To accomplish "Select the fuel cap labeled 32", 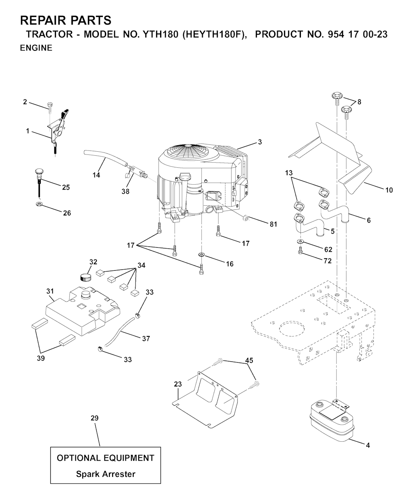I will point(85,277).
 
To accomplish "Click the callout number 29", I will point(94,418).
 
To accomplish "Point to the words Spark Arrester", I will point(106,474).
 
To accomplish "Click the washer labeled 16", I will point(201,255).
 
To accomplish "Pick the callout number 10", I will point(389,190).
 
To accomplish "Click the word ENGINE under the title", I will point(36,48).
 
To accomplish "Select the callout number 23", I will point(178,384).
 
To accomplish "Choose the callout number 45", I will point(249,360).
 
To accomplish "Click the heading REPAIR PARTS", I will point(66,20).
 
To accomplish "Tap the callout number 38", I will point(125,192).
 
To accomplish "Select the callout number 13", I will point(288,173).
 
